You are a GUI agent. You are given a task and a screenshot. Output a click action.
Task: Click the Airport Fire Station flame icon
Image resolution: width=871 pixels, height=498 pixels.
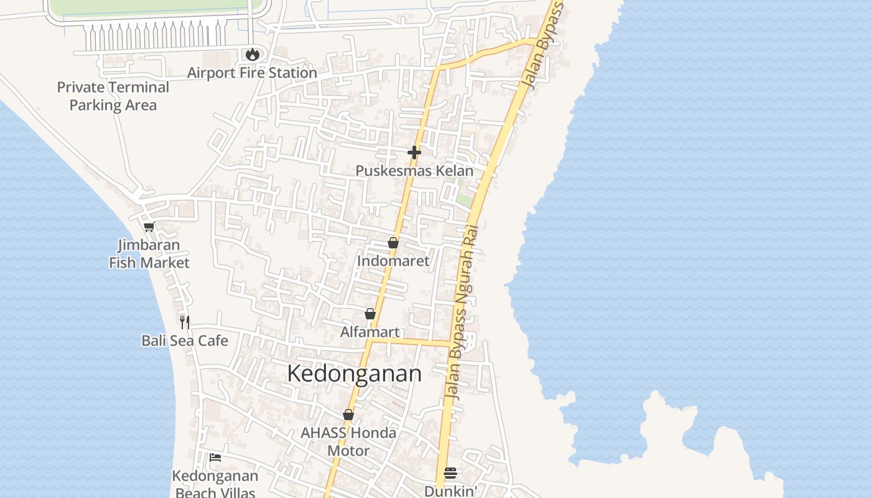click(x=252, y=55)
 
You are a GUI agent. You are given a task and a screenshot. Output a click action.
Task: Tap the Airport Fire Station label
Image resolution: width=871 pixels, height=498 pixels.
click(x=252, y=73)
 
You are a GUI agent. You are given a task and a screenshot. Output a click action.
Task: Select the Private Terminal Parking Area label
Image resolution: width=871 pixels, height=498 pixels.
click(x=113, y=96)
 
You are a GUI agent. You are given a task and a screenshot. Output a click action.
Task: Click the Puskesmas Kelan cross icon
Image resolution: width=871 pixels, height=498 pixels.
click(x=414, y=152)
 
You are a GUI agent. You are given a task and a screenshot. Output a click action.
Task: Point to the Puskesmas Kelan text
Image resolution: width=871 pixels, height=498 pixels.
click(x=414, y=171)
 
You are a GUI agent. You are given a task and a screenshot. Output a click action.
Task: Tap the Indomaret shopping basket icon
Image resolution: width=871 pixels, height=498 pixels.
click(x=393, y=243)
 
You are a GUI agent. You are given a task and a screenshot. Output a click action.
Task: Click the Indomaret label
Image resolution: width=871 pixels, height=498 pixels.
click(x=393, y=261)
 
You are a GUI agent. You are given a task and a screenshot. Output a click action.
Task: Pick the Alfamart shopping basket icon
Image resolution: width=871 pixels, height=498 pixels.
click(x=370, y=314)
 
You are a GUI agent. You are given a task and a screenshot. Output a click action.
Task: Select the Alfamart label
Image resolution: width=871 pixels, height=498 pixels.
click(x=370, y=332)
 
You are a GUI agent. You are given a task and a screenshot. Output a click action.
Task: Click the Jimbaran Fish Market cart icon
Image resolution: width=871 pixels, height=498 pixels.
click(x=149, y=227)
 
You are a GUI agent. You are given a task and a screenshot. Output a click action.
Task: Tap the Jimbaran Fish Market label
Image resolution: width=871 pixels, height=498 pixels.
click(x=149, y=254)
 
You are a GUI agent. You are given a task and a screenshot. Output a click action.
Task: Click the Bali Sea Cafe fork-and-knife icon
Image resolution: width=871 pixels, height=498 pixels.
click(x=185, y=322)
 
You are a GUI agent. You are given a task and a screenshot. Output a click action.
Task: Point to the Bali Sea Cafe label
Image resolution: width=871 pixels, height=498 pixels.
click(x=185, y=341)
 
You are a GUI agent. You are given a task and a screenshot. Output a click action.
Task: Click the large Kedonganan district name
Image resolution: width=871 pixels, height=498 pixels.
click(x=354, y=374)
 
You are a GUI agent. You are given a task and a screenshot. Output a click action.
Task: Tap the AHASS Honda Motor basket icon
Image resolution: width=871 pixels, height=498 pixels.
click(x=348, y=415)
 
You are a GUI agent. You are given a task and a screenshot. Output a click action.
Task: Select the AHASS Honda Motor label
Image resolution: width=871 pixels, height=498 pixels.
click(x=348, y=441)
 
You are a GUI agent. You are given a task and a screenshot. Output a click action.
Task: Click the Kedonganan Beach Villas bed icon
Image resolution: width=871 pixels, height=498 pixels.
click(x=215, y=458)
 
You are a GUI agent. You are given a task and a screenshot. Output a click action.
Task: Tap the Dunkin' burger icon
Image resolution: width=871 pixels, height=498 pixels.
click(x=450, y=473)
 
